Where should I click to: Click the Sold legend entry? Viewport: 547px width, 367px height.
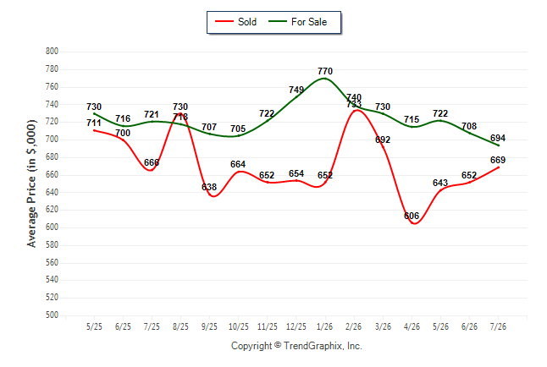[x=235, y=22]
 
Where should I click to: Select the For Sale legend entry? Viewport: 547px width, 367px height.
[x=297, y=22]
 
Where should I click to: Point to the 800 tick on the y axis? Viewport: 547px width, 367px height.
[x=52, y=52]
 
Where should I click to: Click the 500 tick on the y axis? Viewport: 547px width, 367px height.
[x=52, y=315]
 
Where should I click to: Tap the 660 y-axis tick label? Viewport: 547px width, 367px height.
[x=52, y=174]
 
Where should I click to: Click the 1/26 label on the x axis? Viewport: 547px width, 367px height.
[x=325, y=326]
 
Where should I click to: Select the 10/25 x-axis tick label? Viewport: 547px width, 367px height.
[x=239, y=326]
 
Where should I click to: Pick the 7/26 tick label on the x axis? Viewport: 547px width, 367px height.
[x=498, y=326]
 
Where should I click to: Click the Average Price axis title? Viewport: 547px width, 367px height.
[x=31, y=183]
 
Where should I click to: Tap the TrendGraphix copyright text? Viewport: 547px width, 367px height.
[x=296, y=346]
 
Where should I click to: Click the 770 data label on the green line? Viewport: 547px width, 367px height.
[x=325, y=71]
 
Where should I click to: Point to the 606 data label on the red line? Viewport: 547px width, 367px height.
[x=412, y=216]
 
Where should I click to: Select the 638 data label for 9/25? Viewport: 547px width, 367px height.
[x=209, y=187]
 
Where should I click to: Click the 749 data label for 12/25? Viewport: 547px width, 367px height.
[x=296, y=90]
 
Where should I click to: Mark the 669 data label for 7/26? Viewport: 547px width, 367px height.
[x=498, y=160]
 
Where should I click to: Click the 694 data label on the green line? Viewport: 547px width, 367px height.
[x=498, y=138]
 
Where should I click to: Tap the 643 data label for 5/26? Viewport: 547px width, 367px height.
[x=440, y=183]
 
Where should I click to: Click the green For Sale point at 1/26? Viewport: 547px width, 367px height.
[x=325, y=79]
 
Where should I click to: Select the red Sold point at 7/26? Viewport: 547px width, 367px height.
[x=498, y=167]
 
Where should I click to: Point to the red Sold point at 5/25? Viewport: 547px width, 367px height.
[x=94, y=130]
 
